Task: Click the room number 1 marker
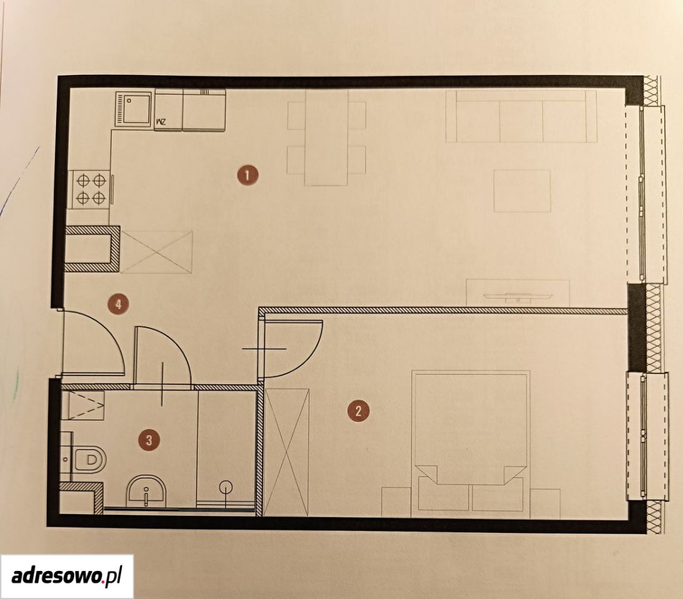pos(247,176)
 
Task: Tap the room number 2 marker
pos(358,411)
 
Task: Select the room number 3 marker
pos(149,440)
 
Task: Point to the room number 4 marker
pos(119,303)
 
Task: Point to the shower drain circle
pos(226,486)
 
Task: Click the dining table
pos(327,138)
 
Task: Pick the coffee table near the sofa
pos(522,191)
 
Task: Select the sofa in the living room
pos(521,116)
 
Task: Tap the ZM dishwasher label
pos(160,122)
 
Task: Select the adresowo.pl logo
pos(67,576)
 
